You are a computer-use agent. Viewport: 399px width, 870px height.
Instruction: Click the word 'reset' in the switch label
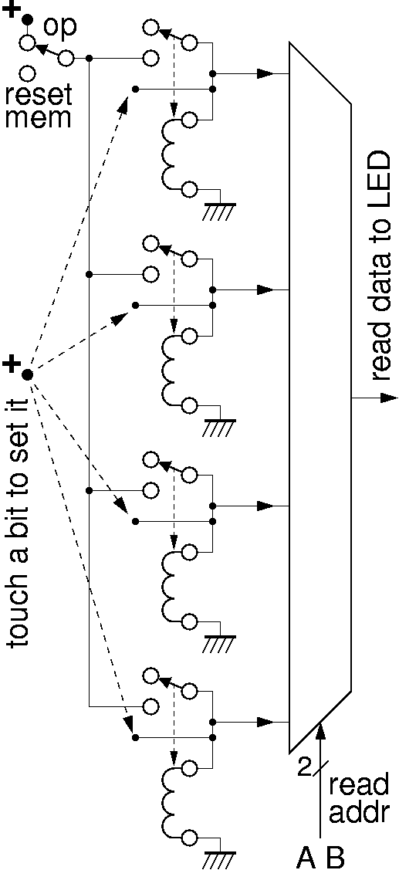click(x=39, y=96)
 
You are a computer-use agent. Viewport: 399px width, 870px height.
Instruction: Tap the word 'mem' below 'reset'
click(x=39, y=117)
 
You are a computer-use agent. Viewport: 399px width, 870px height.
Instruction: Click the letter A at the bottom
click(x=309, y=857)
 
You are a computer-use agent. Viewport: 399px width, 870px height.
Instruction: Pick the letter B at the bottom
click(x=335, y=857)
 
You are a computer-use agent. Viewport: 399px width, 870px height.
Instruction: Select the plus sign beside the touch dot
click(x=12, y=364)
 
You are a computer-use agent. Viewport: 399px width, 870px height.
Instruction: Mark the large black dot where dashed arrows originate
click(x=27, y=374)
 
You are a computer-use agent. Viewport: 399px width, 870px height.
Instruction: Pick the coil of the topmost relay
click(x=169, y=154)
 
